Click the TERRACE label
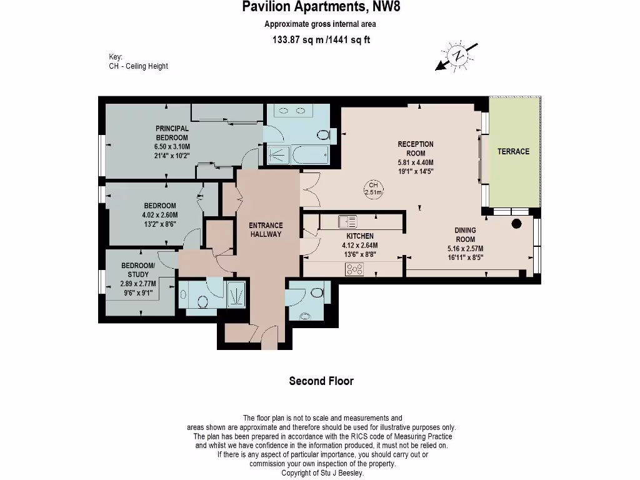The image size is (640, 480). (x=513, y=151)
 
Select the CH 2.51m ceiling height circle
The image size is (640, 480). (x=374, y=189)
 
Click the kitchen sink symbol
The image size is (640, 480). (x=347, y=222)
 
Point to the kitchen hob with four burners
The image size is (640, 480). (x=354, y=269)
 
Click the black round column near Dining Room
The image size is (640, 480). (x=516, y=223)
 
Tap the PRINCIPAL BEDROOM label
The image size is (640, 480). (x=172, y=133)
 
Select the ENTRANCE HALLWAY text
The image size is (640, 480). (x=266, y=230)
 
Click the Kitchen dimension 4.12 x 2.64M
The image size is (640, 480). (x=359, y=245)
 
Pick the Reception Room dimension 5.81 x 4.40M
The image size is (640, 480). (x=416, y=162)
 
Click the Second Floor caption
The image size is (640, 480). (x=321, y=381)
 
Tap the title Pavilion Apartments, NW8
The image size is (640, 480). (x=321, y=7)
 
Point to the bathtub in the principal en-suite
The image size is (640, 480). (x=311, y=154)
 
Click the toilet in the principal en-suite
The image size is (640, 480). (x=324, y=135)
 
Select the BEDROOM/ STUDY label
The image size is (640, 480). (x=138, y=270)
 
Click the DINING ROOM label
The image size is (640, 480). (x=465, y=235)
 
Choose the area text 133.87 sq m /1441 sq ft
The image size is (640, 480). (x=321, y=40)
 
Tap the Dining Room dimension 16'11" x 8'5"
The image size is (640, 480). (x=465, y=257)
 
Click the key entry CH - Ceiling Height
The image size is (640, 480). (x=138, y=66)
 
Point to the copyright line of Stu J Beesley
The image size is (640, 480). (x=322, y=473)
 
